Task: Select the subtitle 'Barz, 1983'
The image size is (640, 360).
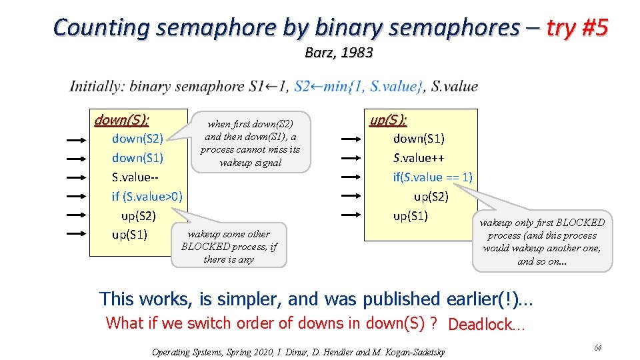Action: tap(338, 53)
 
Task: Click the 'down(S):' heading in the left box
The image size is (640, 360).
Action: tap(121, 120)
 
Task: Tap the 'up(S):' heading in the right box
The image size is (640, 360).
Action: tap(388, 120)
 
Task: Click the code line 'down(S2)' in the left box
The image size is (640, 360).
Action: tap(137, 139)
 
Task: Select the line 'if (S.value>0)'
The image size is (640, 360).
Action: tap(147, 197)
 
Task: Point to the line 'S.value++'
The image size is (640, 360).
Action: tap(419, 158)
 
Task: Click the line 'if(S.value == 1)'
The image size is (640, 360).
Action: tap(433, 177)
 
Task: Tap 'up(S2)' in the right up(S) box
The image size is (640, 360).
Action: tap(431, 197)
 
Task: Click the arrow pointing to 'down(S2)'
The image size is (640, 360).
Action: tap(78, 139)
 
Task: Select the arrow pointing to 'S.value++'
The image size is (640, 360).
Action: tap(352, 159)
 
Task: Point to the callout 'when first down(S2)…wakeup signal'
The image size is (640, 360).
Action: tap(251, 142)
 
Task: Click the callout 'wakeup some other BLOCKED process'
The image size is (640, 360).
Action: tap(229, 246)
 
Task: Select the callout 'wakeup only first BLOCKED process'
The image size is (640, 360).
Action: tap(542, 241)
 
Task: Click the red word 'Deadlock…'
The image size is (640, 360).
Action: tap(487, 325)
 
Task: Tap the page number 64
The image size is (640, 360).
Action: tap(598, 348)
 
